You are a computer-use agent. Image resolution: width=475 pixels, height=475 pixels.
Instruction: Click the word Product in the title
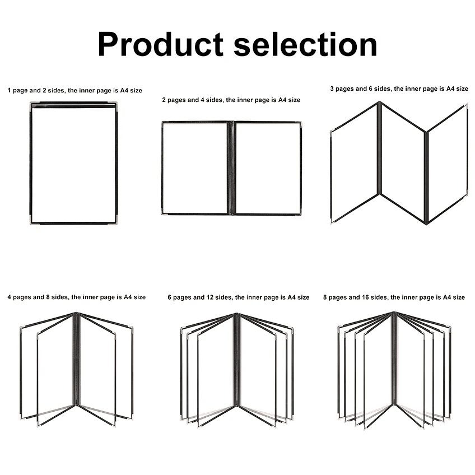point(161,44)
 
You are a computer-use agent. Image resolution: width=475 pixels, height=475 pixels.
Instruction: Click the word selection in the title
point(305,44)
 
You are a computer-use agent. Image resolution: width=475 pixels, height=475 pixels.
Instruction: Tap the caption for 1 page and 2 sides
point(75,90)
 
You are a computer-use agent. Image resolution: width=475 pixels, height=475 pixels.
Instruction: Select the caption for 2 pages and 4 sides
point(231,100)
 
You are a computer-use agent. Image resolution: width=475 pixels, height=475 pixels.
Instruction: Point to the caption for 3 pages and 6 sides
point(399,89)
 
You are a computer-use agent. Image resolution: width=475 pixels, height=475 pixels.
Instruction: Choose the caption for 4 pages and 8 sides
point(77,297)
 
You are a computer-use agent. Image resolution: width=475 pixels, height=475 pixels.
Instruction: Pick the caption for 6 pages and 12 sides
point(239,297)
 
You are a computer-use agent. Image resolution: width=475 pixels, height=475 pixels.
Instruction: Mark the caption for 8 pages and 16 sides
point(394,297)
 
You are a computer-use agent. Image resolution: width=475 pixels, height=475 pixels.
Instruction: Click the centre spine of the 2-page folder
point(231,168)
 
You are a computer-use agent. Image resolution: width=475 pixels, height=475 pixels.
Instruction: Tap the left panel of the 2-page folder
point(195,168)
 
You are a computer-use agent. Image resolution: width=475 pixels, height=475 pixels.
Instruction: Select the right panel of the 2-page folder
point(268,168)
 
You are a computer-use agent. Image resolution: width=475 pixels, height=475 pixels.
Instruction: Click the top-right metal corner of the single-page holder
point(114,105)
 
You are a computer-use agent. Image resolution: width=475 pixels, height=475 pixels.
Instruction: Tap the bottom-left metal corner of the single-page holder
point(33,221)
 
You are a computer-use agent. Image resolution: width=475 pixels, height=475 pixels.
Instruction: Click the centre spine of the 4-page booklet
point(76,359)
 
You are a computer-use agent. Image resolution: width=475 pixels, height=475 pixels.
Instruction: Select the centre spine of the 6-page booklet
point(236,360)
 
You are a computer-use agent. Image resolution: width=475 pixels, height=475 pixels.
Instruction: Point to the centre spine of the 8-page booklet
point(394,358)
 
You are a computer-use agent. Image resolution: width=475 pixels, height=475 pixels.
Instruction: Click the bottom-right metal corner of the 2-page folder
point(299,212)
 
